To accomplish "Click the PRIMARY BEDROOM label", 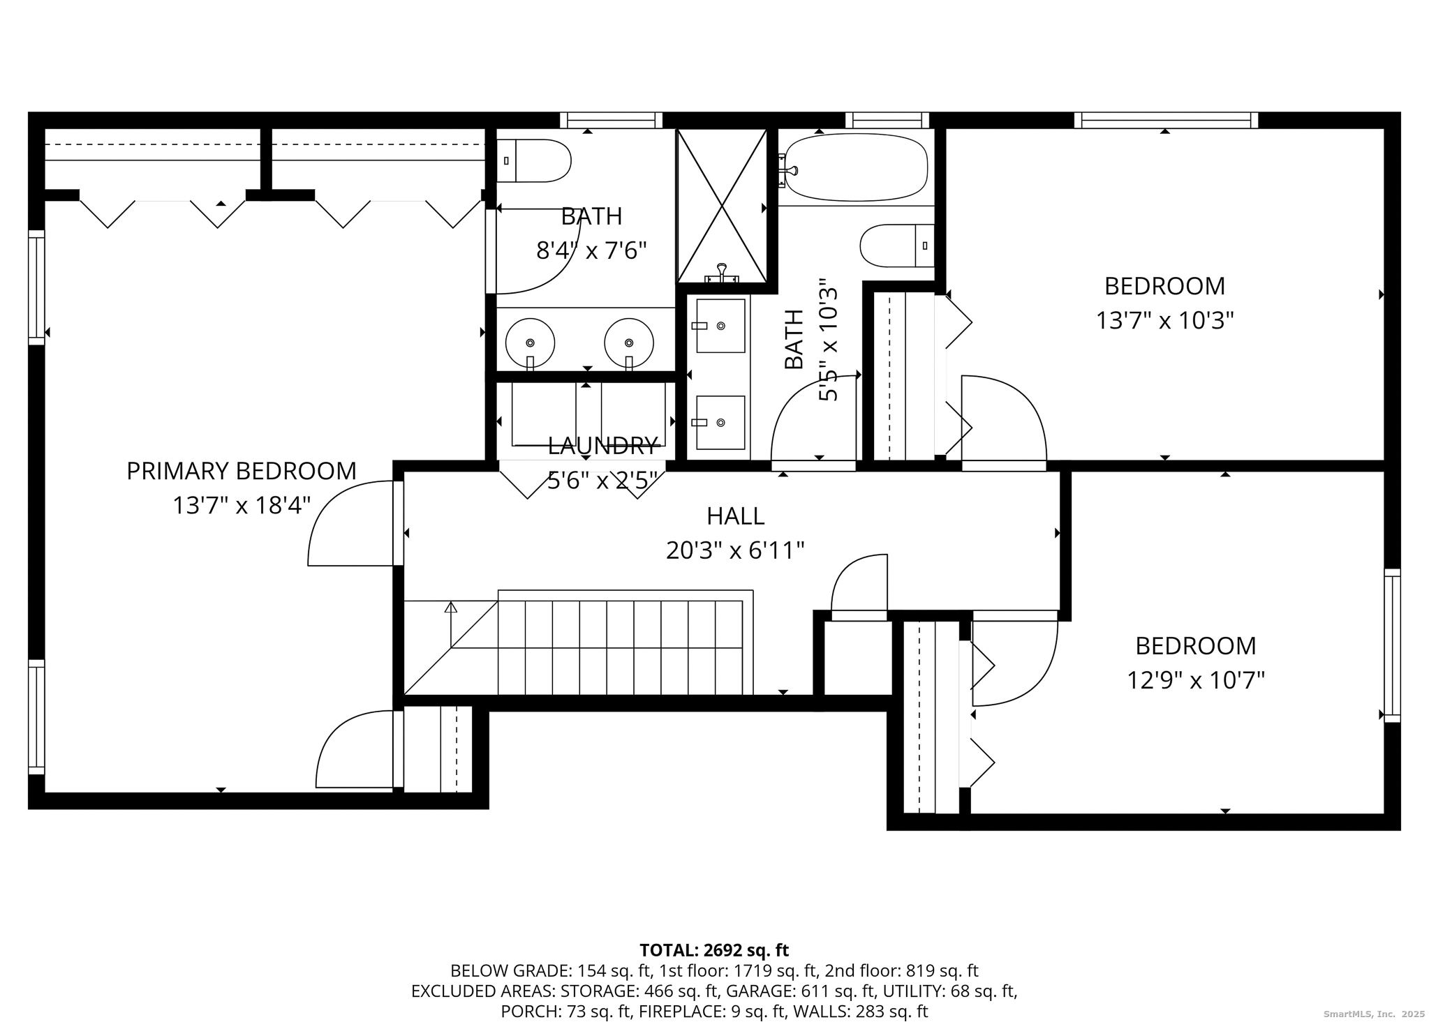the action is coord(242,472).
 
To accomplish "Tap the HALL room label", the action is coord(735,516).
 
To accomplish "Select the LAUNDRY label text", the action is coord(603,445).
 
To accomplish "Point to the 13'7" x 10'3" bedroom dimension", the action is coord(1164,321).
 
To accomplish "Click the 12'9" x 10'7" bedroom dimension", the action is coord(1196,680).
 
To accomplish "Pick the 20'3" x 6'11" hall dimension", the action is coord(735,551).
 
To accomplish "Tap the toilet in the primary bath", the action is coord(534,160).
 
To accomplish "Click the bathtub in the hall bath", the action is coord(854,167).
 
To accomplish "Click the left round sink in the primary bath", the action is coord(530,343).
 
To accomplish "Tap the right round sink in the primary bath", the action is coord(629,343).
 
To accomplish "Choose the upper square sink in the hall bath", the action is coord(719,326).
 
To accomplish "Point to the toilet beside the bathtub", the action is coord(897,246).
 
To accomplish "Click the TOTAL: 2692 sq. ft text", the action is coord(714,950).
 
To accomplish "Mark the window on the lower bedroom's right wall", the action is coord(1392,645).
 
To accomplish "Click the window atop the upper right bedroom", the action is coord(1166,120).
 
